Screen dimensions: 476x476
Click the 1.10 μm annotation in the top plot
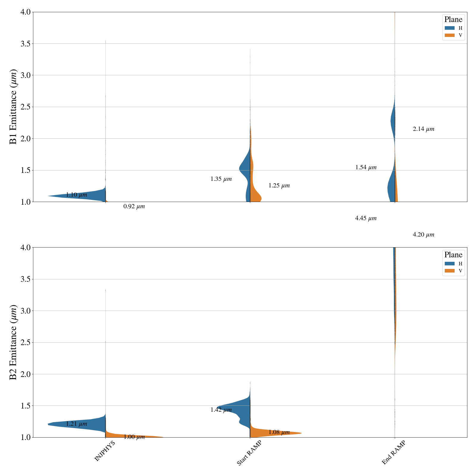[76, 195]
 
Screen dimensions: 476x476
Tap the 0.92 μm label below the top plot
[134, 206]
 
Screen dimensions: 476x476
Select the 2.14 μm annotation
[423, 129]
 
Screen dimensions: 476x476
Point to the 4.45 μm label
[366, 218]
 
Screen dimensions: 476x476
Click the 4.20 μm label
[423, 235]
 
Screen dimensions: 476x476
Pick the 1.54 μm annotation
[366, 167]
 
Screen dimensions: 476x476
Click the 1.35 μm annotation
[221, 179]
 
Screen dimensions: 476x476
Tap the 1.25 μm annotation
[279, 186]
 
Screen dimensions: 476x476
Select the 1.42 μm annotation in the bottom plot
[221, 410]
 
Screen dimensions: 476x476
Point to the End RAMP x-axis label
[394, 452]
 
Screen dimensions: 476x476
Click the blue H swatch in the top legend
[450, 28]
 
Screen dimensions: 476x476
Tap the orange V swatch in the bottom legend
[450, 271]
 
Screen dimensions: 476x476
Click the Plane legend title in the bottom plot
[453, 255]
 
